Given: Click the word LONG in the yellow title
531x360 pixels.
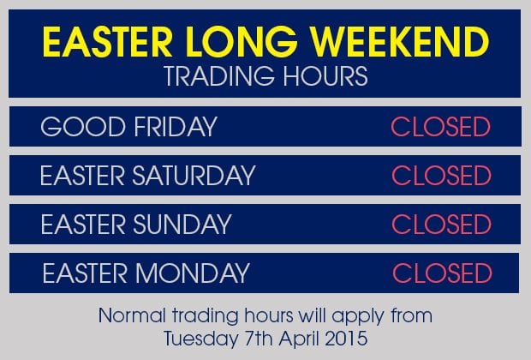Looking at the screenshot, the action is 242,42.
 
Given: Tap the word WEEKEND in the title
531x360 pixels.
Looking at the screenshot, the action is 400,42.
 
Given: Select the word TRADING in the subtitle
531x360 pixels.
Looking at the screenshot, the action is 218,75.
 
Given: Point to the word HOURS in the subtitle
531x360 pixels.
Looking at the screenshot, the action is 325,75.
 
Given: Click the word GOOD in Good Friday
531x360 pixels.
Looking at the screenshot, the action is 83,127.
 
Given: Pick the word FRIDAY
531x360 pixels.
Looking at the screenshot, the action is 176,127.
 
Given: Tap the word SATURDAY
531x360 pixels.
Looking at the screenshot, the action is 194,175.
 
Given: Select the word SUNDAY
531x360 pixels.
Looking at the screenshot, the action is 182,224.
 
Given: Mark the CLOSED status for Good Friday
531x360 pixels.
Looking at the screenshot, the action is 440,127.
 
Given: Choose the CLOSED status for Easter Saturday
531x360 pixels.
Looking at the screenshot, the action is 441,175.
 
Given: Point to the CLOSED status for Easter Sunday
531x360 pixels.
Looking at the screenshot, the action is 441,224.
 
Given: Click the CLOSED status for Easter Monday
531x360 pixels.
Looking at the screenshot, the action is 442,273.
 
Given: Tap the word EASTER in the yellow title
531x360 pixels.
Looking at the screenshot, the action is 107,42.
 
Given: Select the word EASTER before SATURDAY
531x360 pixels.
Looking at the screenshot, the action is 82,175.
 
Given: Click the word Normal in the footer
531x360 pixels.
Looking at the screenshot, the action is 132,315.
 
